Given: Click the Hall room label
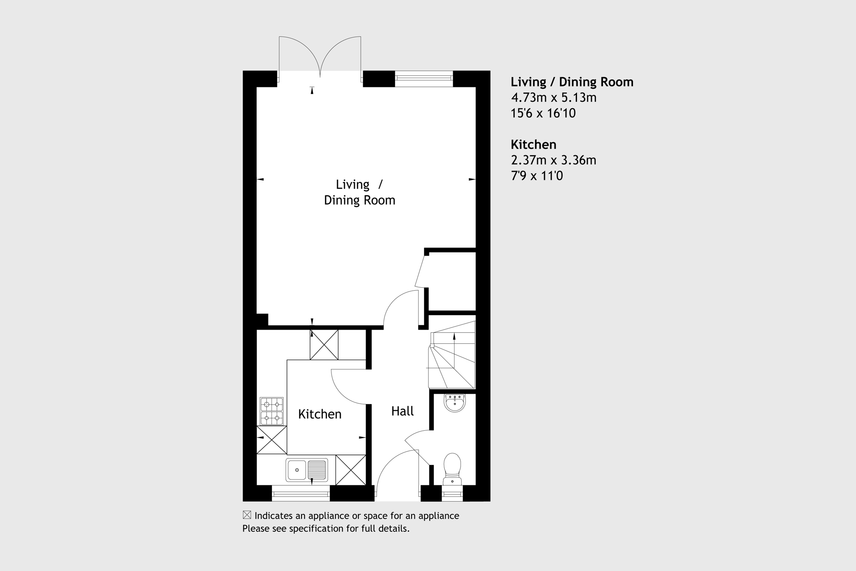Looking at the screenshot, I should (402, 411).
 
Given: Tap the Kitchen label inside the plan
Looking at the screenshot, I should (320, 414).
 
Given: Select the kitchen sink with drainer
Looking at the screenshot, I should (307, 470).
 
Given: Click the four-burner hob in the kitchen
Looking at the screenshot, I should (272, 411).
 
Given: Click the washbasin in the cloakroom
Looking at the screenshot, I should (454, 402).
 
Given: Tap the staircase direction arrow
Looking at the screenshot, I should (454, 338).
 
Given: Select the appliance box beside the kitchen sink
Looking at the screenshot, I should (350, 470).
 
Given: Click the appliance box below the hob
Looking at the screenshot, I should (272, 440).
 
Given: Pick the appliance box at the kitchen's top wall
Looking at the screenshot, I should (324, 345).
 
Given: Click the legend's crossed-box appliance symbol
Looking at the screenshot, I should (247, 515).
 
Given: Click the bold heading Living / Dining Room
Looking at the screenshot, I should (572, 82).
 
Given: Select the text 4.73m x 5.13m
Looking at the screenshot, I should (553, 98).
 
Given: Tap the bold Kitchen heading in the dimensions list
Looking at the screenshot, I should (533, 145).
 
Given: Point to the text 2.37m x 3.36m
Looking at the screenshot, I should (553, 160).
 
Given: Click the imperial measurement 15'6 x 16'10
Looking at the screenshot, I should (543, 113).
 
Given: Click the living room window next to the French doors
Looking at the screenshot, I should (424, 78).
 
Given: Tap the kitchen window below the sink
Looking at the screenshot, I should (301, 494).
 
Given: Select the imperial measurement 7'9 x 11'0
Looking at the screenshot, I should (536, 176).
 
